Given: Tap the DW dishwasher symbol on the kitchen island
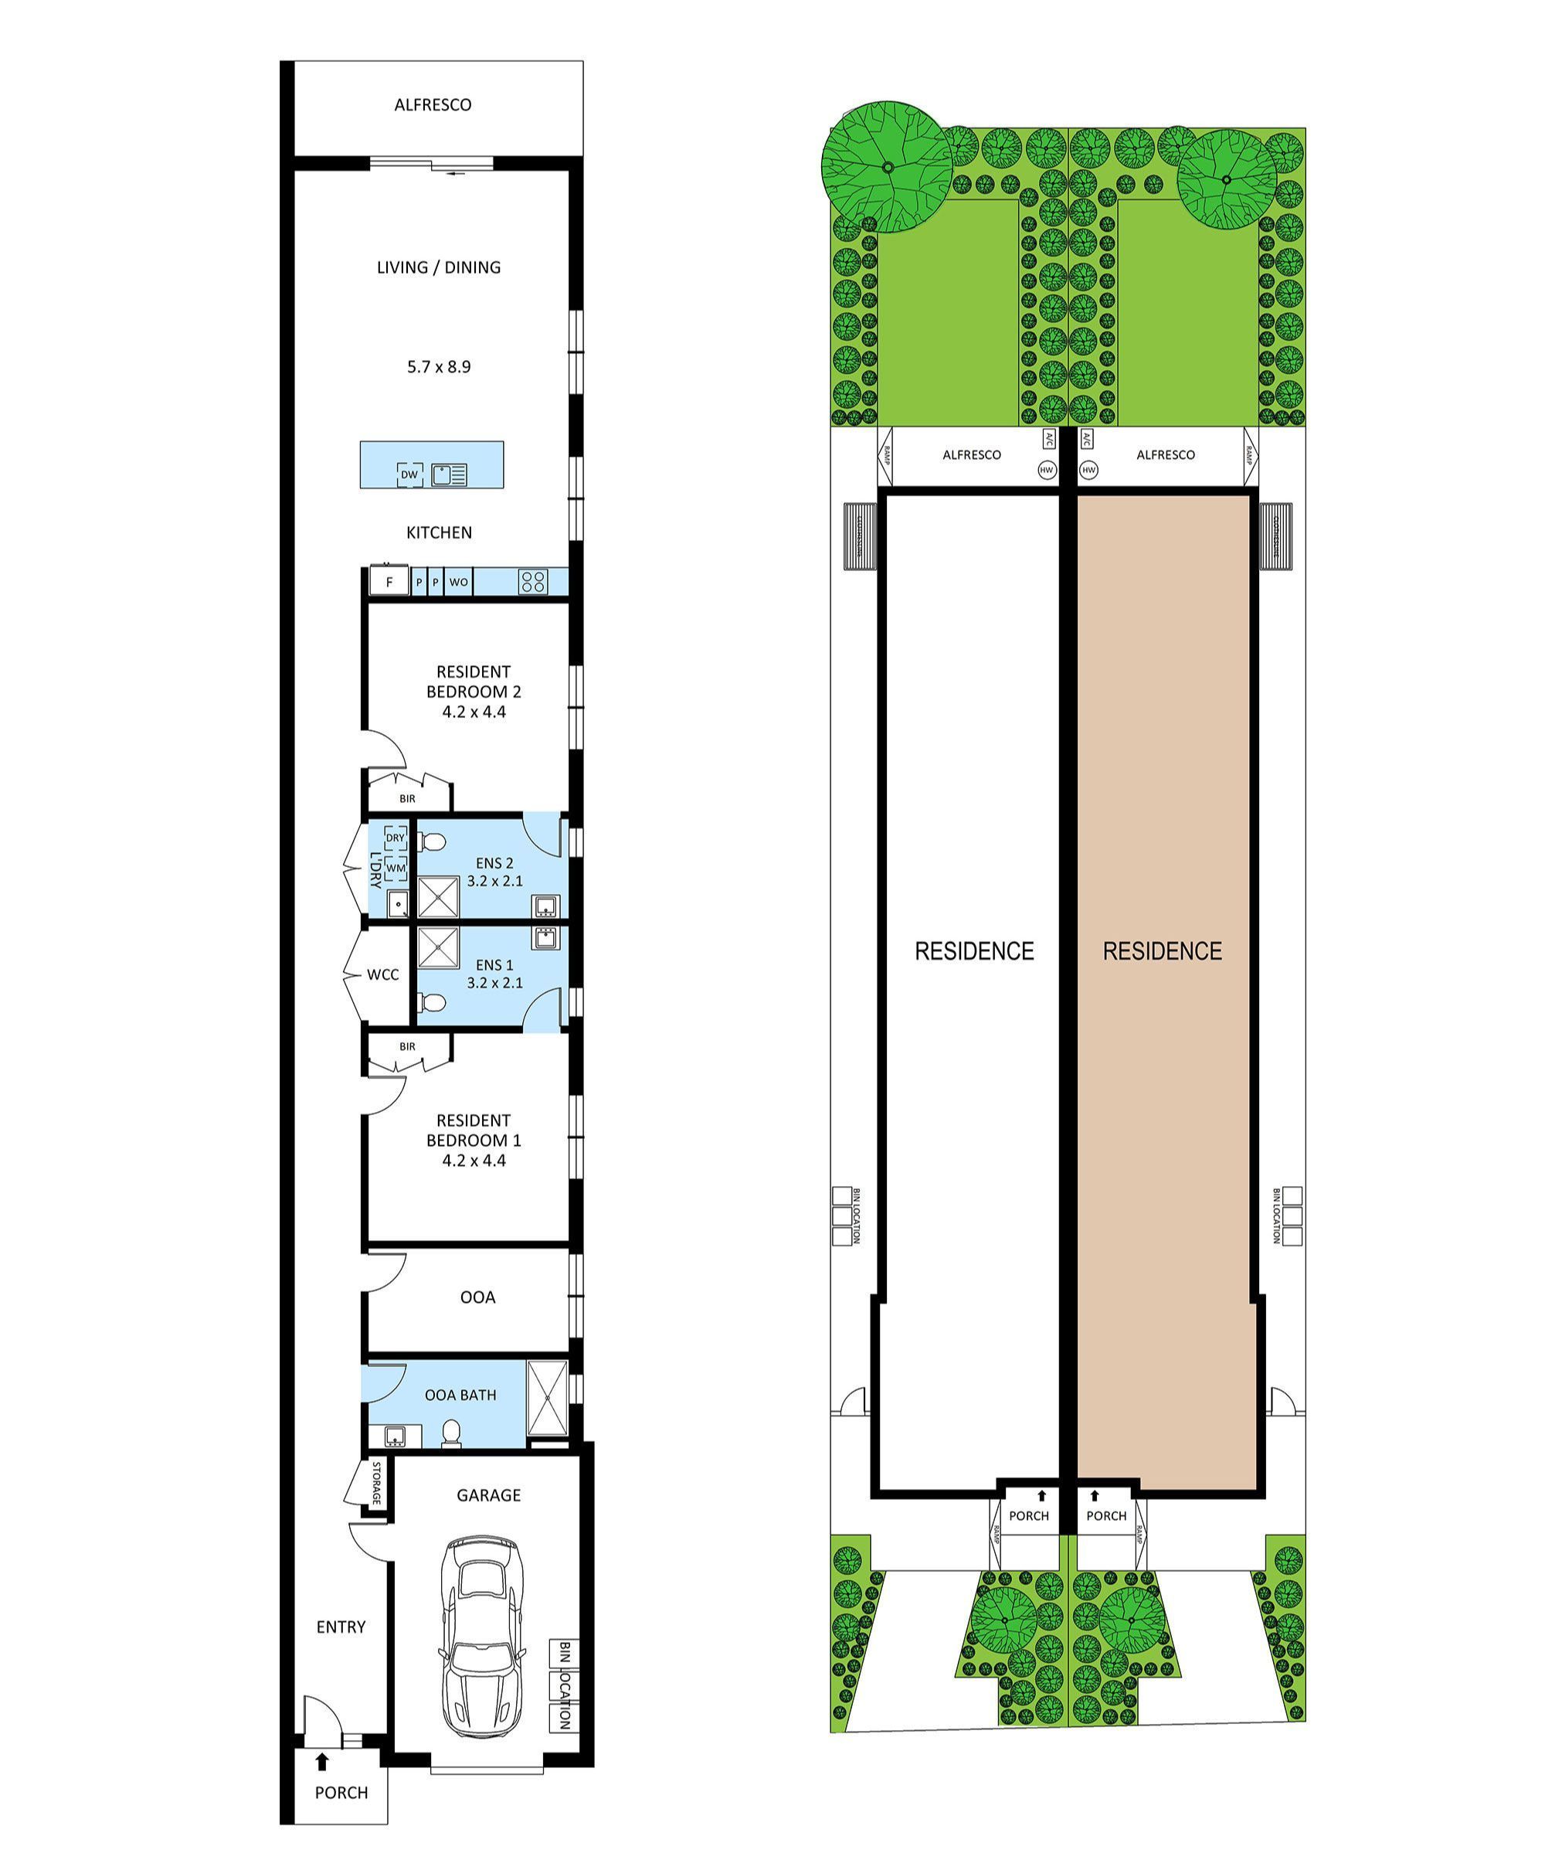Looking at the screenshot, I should pyautogui.click(x=409, y=474).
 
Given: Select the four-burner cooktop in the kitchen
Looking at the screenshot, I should pyautogui.click(x=533, y=582).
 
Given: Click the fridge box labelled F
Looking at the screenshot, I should pyautogui.click(x=389, y=582).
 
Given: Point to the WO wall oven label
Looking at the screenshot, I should pyautogui.click(x=458, y=582).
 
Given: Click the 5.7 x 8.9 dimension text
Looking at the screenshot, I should pyautogui.click(x=439, y=367).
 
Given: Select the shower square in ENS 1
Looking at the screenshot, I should pyautogui.click(x=438, y=947).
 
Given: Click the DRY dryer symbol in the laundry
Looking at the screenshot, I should pyautogui.click(x=396, y=838).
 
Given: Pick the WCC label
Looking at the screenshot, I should pyautogui.click(x=382, y=974).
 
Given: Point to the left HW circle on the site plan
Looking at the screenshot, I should pyautogui.click(x=1047, y=470).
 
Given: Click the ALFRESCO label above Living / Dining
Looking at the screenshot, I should pyautogui.click(x=433, y=105).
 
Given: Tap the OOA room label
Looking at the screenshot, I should pyautogui.click(x=478, y=1297).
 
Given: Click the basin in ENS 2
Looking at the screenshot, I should pyautogui.click(x=545, y=906).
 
